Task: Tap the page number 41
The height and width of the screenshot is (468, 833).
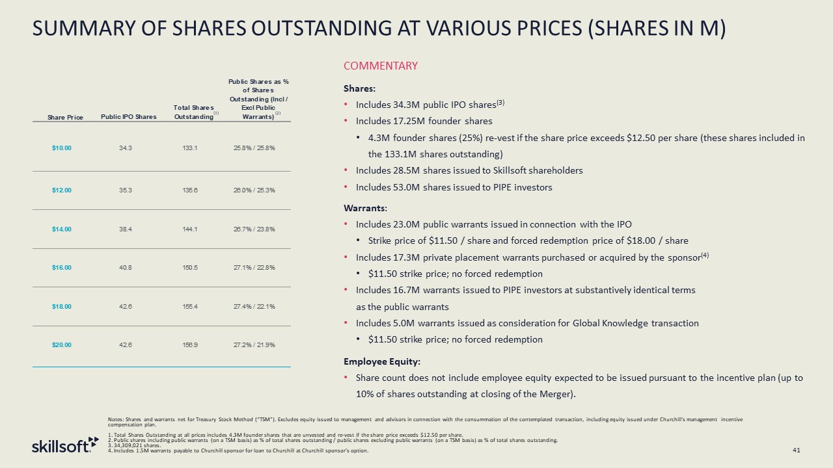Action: [796, 450]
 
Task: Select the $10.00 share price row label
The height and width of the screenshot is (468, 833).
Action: [62, 148]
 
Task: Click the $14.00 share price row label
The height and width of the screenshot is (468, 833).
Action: [62, 229]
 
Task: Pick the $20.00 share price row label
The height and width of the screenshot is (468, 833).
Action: [62, 344]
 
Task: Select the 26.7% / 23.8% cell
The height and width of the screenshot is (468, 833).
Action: [254, 229]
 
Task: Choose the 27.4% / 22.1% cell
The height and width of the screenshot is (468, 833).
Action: [254, 306]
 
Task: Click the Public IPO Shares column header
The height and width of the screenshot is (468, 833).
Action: [129, 117]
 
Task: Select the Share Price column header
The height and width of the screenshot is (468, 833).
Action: [65, 117]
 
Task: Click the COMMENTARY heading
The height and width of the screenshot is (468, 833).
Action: [380, 66]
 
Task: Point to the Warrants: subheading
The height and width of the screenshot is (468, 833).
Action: [365, 208]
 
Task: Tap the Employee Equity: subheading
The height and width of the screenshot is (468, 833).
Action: [381, 361]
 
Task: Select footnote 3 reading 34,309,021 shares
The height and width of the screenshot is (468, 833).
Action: [137, 445]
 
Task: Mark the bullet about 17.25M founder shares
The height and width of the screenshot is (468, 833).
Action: [424, 121]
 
